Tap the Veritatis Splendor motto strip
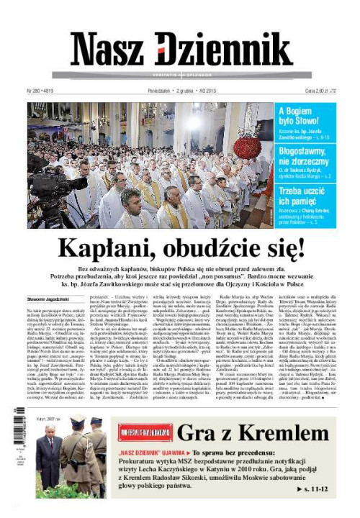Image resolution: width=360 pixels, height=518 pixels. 179,75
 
